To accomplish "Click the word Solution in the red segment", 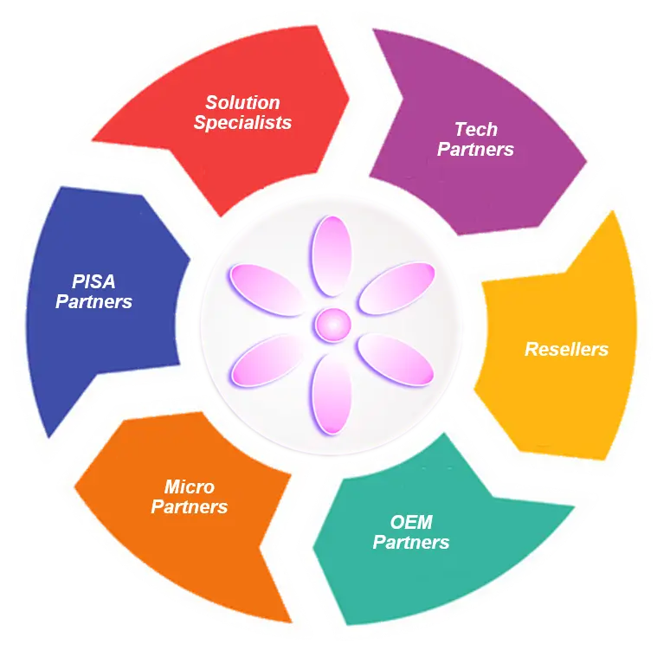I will (x=242, y=103).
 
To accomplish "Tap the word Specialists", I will (x=242, y=122).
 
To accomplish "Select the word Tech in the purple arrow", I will (x=476, y=130).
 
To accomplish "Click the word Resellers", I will (x=566, y=350).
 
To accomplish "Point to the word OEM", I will (x=411, y=523).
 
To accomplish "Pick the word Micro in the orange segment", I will (x=190, y=486).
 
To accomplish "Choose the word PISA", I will (x=93, y=282).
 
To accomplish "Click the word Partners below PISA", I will (x=93, y=302).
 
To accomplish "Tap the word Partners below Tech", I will (x=475, y=149).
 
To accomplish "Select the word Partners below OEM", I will (x=411, y=543).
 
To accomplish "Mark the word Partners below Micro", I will (x=190, y=506).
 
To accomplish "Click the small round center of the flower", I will (x=331, y=325).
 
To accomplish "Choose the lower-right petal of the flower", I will (x=395, y=359).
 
